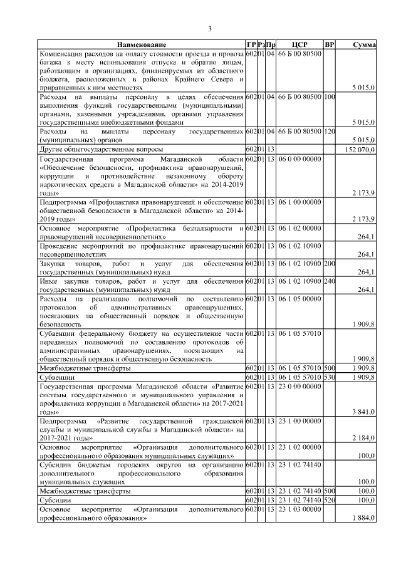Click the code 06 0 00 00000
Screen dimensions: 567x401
(x=299, y=159)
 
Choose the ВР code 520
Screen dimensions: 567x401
(x=330, y=501)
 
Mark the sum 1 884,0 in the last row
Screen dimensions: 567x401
(x=362, y=518)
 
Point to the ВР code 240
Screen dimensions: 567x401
(x=330, y=281)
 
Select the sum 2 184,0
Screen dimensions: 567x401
(x=362, y=438)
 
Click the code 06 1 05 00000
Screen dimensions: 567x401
(x=299, y=299)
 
